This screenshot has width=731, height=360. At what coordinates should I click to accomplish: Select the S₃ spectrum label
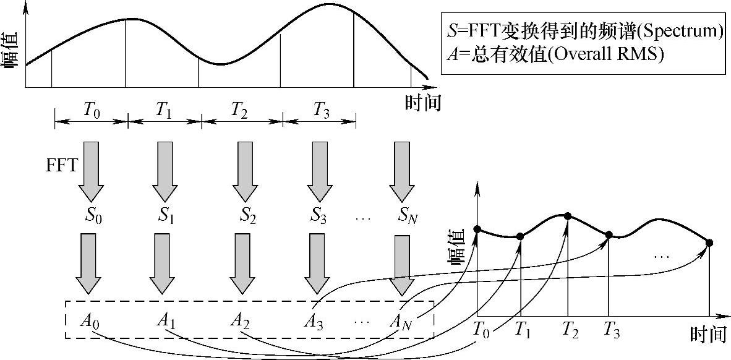(x=318, y=217)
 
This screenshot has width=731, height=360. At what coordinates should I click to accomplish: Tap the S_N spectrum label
(x=409, y=217)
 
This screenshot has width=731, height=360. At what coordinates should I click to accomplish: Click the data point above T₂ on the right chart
(x=568, y=216)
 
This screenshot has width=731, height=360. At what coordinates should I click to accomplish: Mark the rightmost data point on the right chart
(x=709, y=242)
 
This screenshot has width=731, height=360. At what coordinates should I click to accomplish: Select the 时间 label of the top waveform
(x=424, y=103)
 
